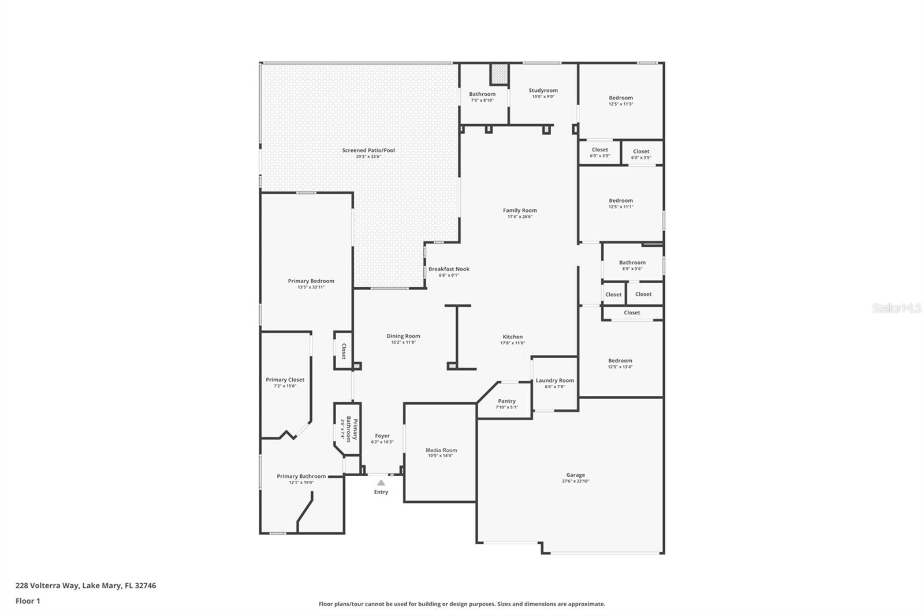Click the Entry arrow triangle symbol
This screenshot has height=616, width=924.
381,483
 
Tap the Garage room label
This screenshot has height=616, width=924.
575,475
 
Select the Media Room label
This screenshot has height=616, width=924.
441,450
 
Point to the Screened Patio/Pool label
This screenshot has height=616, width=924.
368,150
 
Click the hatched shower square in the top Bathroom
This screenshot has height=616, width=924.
499,74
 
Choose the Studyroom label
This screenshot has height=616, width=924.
543,90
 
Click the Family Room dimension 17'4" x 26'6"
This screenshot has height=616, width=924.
520,217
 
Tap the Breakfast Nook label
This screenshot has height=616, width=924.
449,269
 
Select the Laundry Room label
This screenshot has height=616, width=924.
554,380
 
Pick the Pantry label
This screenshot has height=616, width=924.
506,401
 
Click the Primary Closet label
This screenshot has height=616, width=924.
285,380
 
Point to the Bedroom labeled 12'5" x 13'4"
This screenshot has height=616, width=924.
620,361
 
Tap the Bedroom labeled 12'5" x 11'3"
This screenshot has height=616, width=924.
621,98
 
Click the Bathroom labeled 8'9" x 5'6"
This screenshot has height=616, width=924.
632,262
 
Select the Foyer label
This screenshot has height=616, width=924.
382,436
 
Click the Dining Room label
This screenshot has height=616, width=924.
403,336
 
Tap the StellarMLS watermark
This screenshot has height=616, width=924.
896,309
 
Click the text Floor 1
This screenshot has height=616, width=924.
28,601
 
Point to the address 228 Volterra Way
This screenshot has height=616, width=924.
85,585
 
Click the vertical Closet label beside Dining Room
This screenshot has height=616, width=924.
343,351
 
